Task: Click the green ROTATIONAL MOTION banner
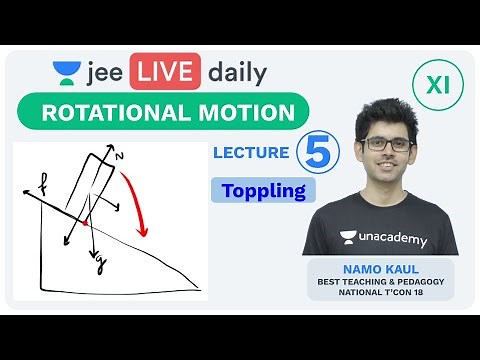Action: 168,112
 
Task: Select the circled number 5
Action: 317,154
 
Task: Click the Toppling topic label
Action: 263,190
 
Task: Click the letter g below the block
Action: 100,264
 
